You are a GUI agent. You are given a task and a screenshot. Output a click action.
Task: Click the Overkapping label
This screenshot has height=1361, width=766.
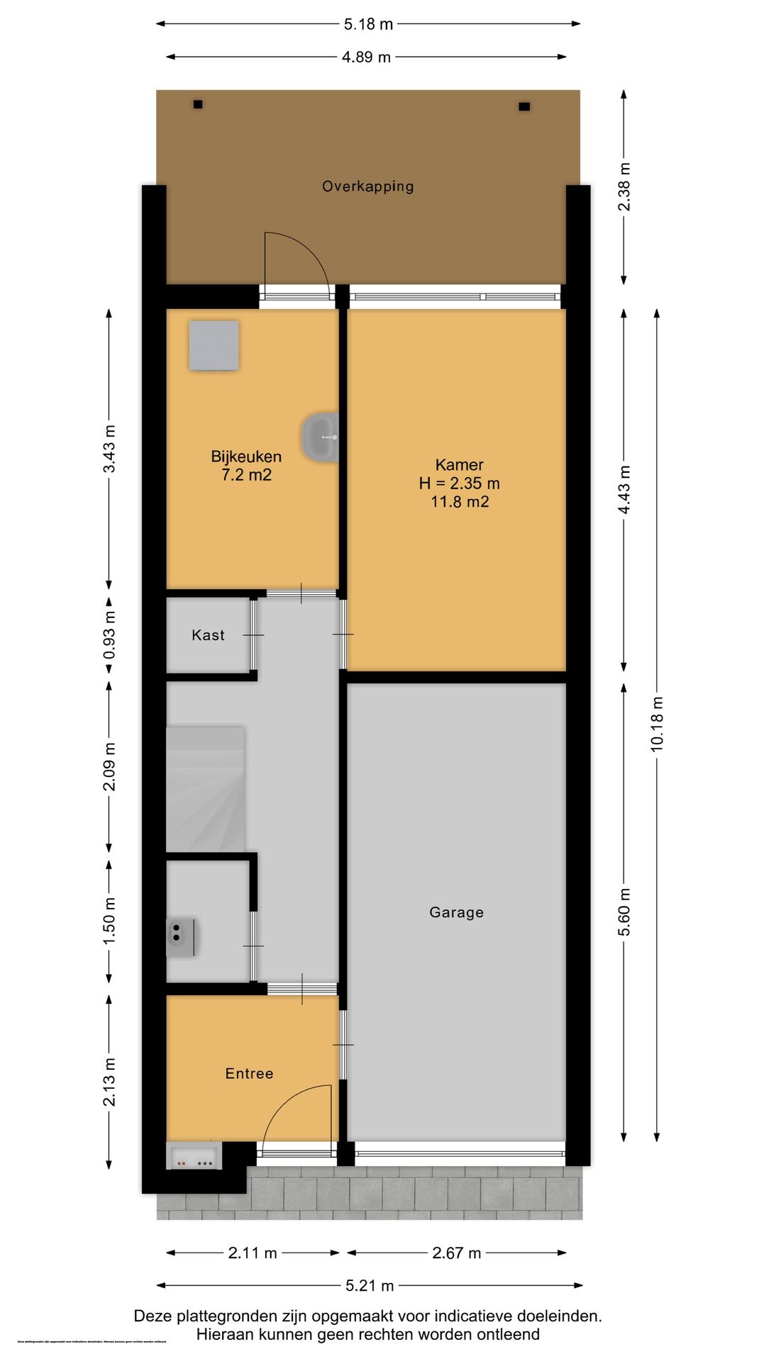point(367,186)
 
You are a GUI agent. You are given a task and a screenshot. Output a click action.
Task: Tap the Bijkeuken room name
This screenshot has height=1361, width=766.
point(246,457)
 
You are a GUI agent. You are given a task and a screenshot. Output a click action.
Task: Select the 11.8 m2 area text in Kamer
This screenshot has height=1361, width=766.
point(460,502)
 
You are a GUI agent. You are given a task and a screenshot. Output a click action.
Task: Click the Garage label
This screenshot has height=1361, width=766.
point(456,912)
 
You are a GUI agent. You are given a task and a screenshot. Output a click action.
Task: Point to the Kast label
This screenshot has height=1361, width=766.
point(208,635)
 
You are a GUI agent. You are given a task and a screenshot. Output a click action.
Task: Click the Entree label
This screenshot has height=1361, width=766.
point(249,1073)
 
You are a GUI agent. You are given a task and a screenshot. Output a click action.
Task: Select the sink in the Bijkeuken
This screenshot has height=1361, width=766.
point(321,437)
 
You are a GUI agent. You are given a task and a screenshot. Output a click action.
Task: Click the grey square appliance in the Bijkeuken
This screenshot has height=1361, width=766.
point(213,345)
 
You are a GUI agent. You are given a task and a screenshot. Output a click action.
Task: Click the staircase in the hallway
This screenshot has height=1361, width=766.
point(205,788)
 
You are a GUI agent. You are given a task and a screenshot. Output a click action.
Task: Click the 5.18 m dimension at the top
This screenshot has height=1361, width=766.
point(368,24)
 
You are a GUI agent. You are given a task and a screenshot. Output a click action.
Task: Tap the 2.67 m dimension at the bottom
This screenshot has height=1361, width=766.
point(456,1253)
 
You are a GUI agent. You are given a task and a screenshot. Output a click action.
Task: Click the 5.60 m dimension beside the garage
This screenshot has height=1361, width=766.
point(624,912)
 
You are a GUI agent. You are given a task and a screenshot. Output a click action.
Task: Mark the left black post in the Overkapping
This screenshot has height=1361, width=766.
point(198,104)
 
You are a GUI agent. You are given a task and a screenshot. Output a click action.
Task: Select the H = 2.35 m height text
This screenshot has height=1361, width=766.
point(460,483)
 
